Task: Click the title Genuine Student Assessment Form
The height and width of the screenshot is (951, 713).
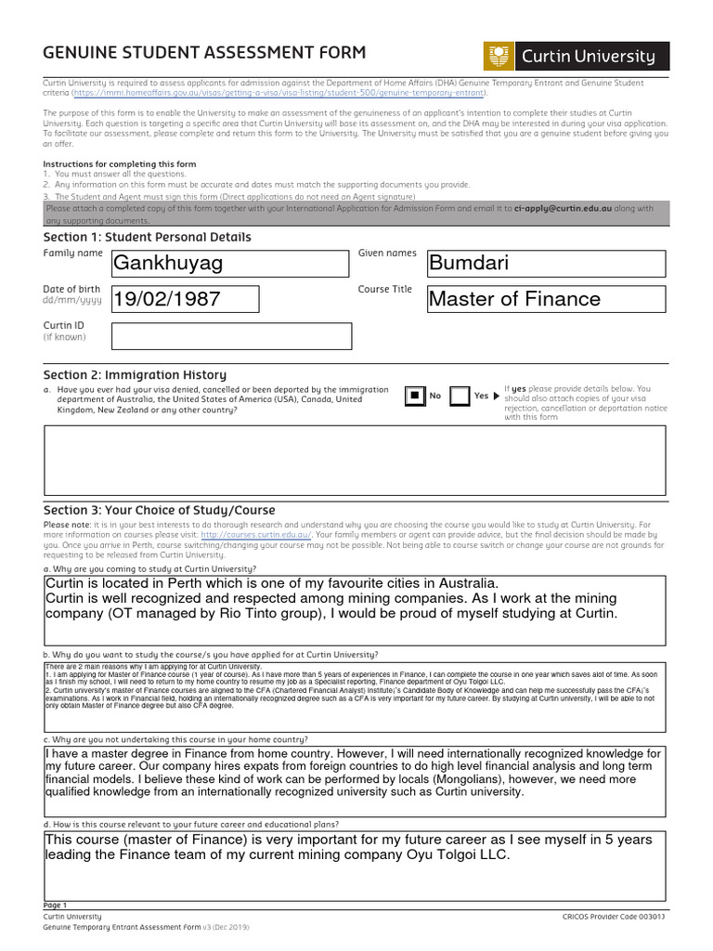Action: pyautogui.click(x=204, y=53)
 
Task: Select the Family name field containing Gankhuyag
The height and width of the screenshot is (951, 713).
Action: pyautogui.click(x=231, y=264)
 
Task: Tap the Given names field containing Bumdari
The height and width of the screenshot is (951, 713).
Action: pyautogui.click(x=546, y=264)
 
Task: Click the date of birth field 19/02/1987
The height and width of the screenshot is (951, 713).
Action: pyautogui.click(x=185, y=299)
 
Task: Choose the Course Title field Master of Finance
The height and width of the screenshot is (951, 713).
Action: pyautogui.click(x=546, y=299)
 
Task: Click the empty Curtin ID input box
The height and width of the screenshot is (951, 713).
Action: pyautogui.click(x=231, y=336)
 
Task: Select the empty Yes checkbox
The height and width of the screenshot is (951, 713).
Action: pyautogui.click(x=460, y=397)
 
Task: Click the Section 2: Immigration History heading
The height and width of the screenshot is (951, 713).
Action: pyautogui.click(x=135, y=374)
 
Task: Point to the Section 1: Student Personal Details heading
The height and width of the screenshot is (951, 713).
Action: pyautogui.click(x=147, y=237)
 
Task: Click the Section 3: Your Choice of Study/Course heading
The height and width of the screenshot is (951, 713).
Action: pyautogui.click(x=159, y=510)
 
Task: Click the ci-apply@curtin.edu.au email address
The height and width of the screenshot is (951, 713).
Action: pyautogui.click(x=563, y=209)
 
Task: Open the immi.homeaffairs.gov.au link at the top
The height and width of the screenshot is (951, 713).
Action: pyautogui.click(x=279, y=93)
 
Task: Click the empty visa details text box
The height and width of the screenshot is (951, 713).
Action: pyautogui.click(x=356, y=461)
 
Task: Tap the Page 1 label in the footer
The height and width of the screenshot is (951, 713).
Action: pyautogui.click(x=56, y=905)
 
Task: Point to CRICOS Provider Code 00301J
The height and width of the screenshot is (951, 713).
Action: pyautogui.click(x=614, y=916)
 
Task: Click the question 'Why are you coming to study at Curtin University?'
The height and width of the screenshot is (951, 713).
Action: pyautogui.click(x=149, y=568)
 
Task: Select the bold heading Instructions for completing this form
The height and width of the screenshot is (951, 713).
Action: pyautogui.click(x=119, y=163)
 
